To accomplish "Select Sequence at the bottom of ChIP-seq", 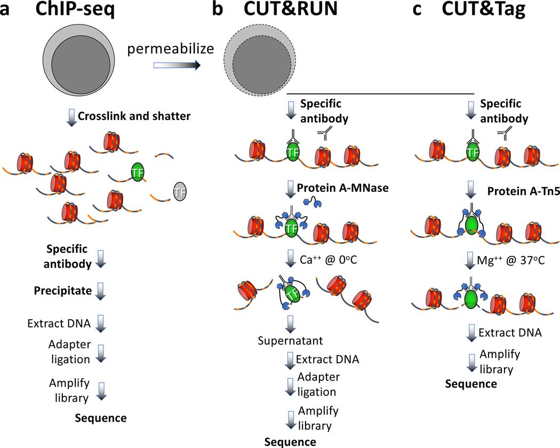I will coord(100,418).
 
